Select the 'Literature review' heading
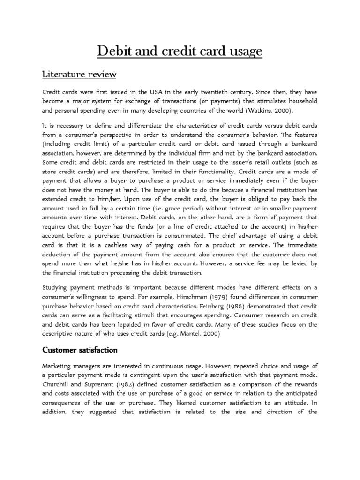[x=79, y=75]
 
